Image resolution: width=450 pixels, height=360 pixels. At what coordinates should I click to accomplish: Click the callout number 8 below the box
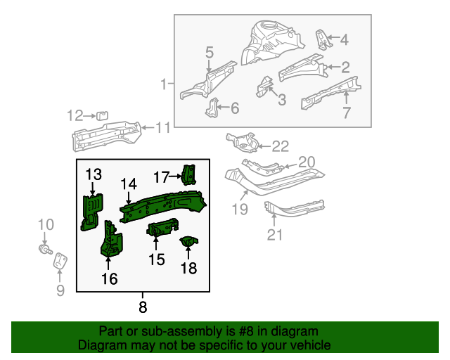(x=143, y=307)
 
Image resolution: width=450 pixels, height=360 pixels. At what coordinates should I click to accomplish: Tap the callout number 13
(x=94, y=174)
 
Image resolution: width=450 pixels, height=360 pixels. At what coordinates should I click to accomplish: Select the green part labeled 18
(x=188, y=243)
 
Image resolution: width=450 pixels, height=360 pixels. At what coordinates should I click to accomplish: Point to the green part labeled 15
(x=162, y=229)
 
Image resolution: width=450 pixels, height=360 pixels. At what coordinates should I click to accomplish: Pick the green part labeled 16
(x=111, y=239)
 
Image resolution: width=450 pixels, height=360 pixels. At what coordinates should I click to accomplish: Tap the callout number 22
(x=280, y=146)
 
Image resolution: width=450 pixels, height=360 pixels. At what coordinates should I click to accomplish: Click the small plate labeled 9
(x=61, y=261)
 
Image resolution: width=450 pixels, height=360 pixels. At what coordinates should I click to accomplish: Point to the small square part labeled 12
(x=101, y=115)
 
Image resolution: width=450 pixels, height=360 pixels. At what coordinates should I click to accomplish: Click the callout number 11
(x=163, y=127)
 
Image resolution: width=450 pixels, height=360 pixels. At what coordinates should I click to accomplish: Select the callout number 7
(x=346, y=113)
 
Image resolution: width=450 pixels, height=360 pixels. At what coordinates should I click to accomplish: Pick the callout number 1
(x=165, y=85)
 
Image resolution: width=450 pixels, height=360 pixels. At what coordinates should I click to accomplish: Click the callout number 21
(x=274, y=233)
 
